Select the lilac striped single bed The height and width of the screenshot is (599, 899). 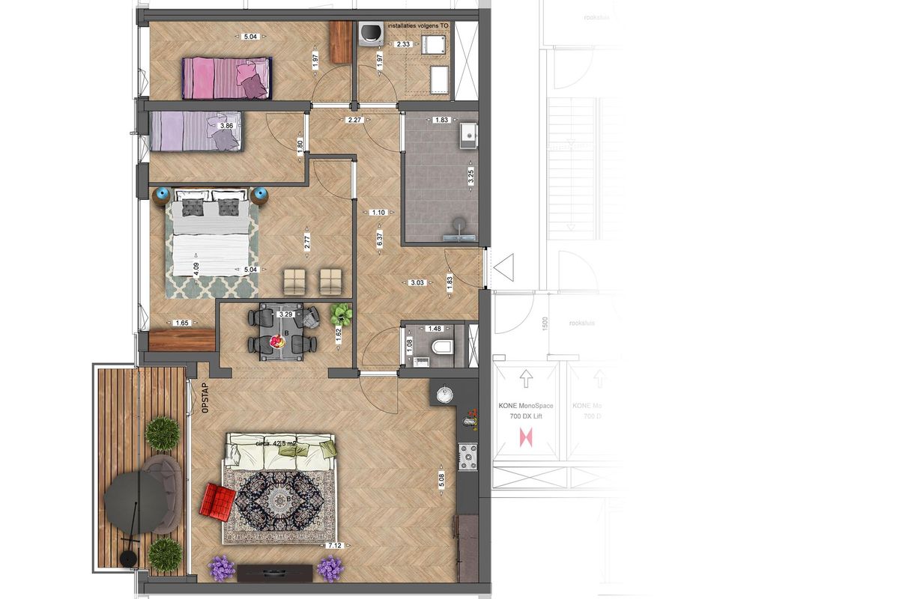194,133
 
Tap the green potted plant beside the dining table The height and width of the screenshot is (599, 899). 342,313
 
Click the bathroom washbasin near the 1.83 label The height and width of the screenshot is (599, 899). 470,135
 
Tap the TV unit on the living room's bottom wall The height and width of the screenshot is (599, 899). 273,572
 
